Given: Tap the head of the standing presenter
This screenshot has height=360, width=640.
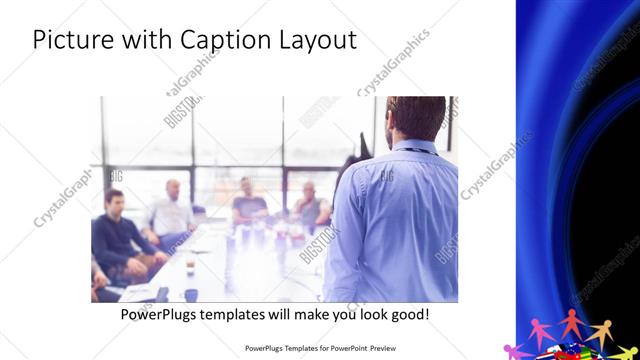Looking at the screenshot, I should coord(408,119).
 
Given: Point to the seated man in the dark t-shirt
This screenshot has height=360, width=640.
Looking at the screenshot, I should coord(248,204).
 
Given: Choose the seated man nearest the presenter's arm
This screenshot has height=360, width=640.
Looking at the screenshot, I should coord(310,205).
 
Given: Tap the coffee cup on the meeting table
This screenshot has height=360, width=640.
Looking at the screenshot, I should coord(191,294).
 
